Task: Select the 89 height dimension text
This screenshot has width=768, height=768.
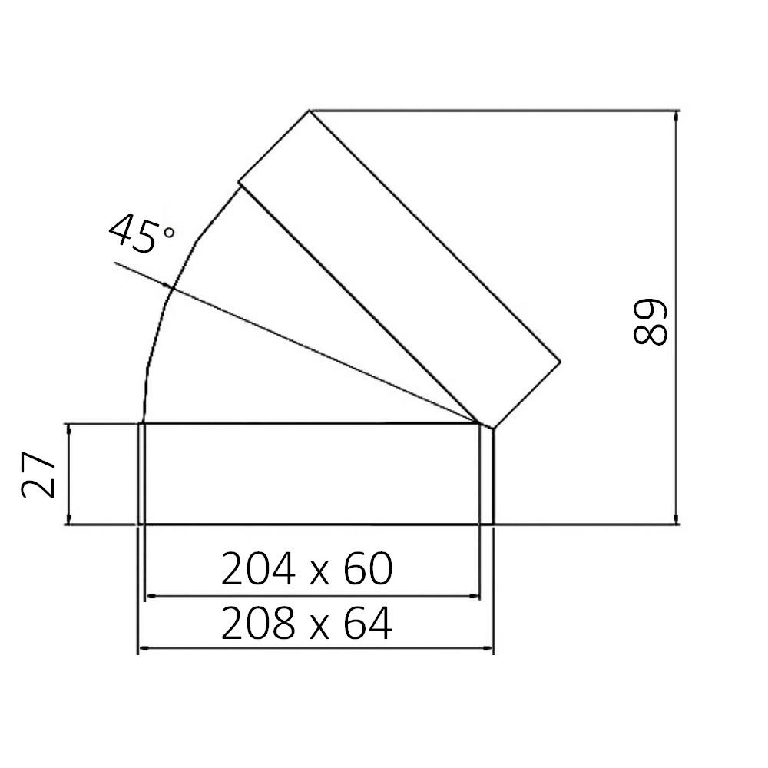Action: pyautogui.click(x=650, y=322)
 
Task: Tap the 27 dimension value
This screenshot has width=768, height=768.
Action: pyautogui.click(x=39, y=475)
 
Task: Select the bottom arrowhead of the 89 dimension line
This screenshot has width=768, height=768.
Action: pyautogui.click(x=676, y=521)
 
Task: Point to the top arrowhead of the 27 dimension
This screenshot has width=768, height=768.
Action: pyautogui.click(x=69, y=428)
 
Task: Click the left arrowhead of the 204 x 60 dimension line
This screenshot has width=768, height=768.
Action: pyautogui.click(x=151, y=596)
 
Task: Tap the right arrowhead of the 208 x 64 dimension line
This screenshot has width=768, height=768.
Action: pyautogui.click(x=488, y=649)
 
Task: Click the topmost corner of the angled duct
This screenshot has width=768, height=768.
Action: pyautogui.click(x=310, y=111)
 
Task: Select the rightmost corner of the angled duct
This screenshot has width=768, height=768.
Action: pyautogui.click(x=561, y=361)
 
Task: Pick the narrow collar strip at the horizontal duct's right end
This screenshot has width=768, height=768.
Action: pyautogui.click(x=486, y=474)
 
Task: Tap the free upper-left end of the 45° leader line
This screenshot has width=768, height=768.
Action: pyautogui.click(x=114, y=263)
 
